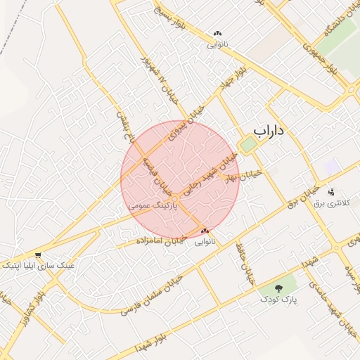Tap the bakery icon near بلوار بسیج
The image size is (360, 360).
pos(217,33)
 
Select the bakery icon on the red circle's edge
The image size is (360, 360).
pos(205,231)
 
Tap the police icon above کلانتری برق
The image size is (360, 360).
pos(331,192)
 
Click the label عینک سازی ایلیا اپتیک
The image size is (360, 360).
pos(38,266)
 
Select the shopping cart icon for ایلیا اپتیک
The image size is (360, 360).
pos(37,255)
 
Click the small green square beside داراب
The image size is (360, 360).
pos(247,145)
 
